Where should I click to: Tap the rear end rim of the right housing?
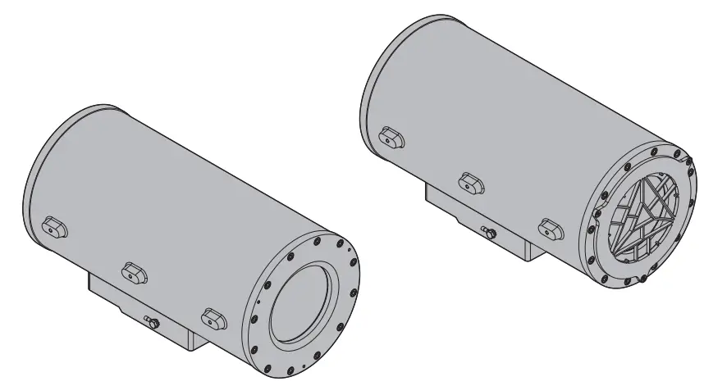click(x=367, y=90)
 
